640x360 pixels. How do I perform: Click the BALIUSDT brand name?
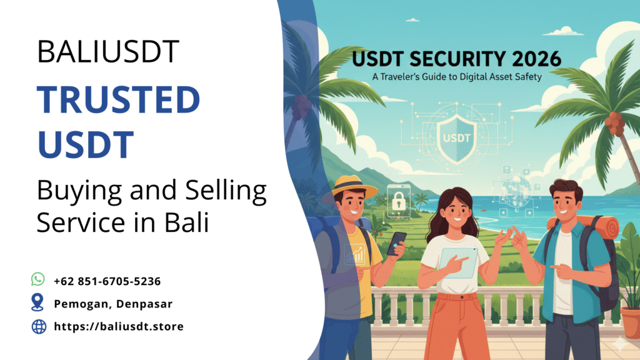tap(108, 51)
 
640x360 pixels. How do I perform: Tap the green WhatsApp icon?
tap(38, 279)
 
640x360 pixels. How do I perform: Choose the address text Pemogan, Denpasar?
tap(113, 304)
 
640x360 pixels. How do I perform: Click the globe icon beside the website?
tap(39, 326)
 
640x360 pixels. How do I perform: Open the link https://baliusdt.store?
tap(119, 326)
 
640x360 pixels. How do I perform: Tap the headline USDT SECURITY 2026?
tap(457, 60)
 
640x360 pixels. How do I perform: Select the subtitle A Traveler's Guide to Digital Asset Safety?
tap(456, 77)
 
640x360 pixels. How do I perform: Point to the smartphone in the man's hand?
tap(396, 242)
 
